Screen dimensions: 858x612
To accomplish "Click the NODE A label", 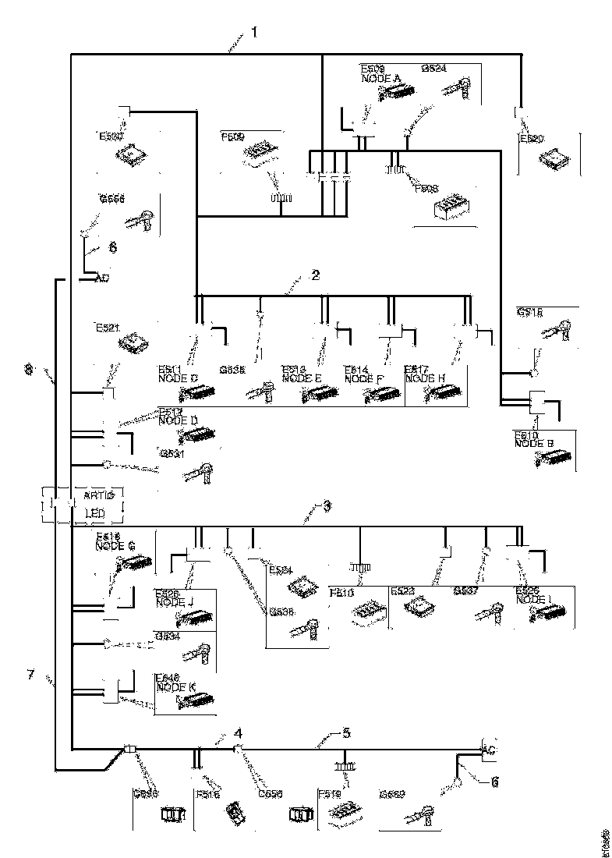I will pyautogui.click(x=381, y=79).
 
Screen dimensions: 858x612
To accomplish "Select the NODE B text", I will pyautogui.click(x=534, y=443).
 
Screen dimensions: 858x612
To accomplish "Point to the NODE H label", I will pyautogui.click(x=425, y=378).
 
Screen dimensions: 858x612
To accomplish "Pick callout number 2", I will pyautogui.click(x=315, y=275).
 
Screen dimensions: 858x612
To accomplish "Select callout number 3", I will pyautogui.click(x=327, y=507).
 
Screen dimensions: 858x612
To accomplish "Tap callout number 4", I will pyautogui.click(x=239, y=733).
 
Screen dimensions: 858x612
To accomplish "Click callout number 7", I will pyautogui.click(x=31, y=674).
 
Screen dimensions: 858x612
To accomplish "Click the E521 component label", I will pyautogui.click(x=107, y=329).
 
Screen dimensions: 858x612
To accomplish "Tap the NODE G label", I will pyautogui.click(x=115, y=546).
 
